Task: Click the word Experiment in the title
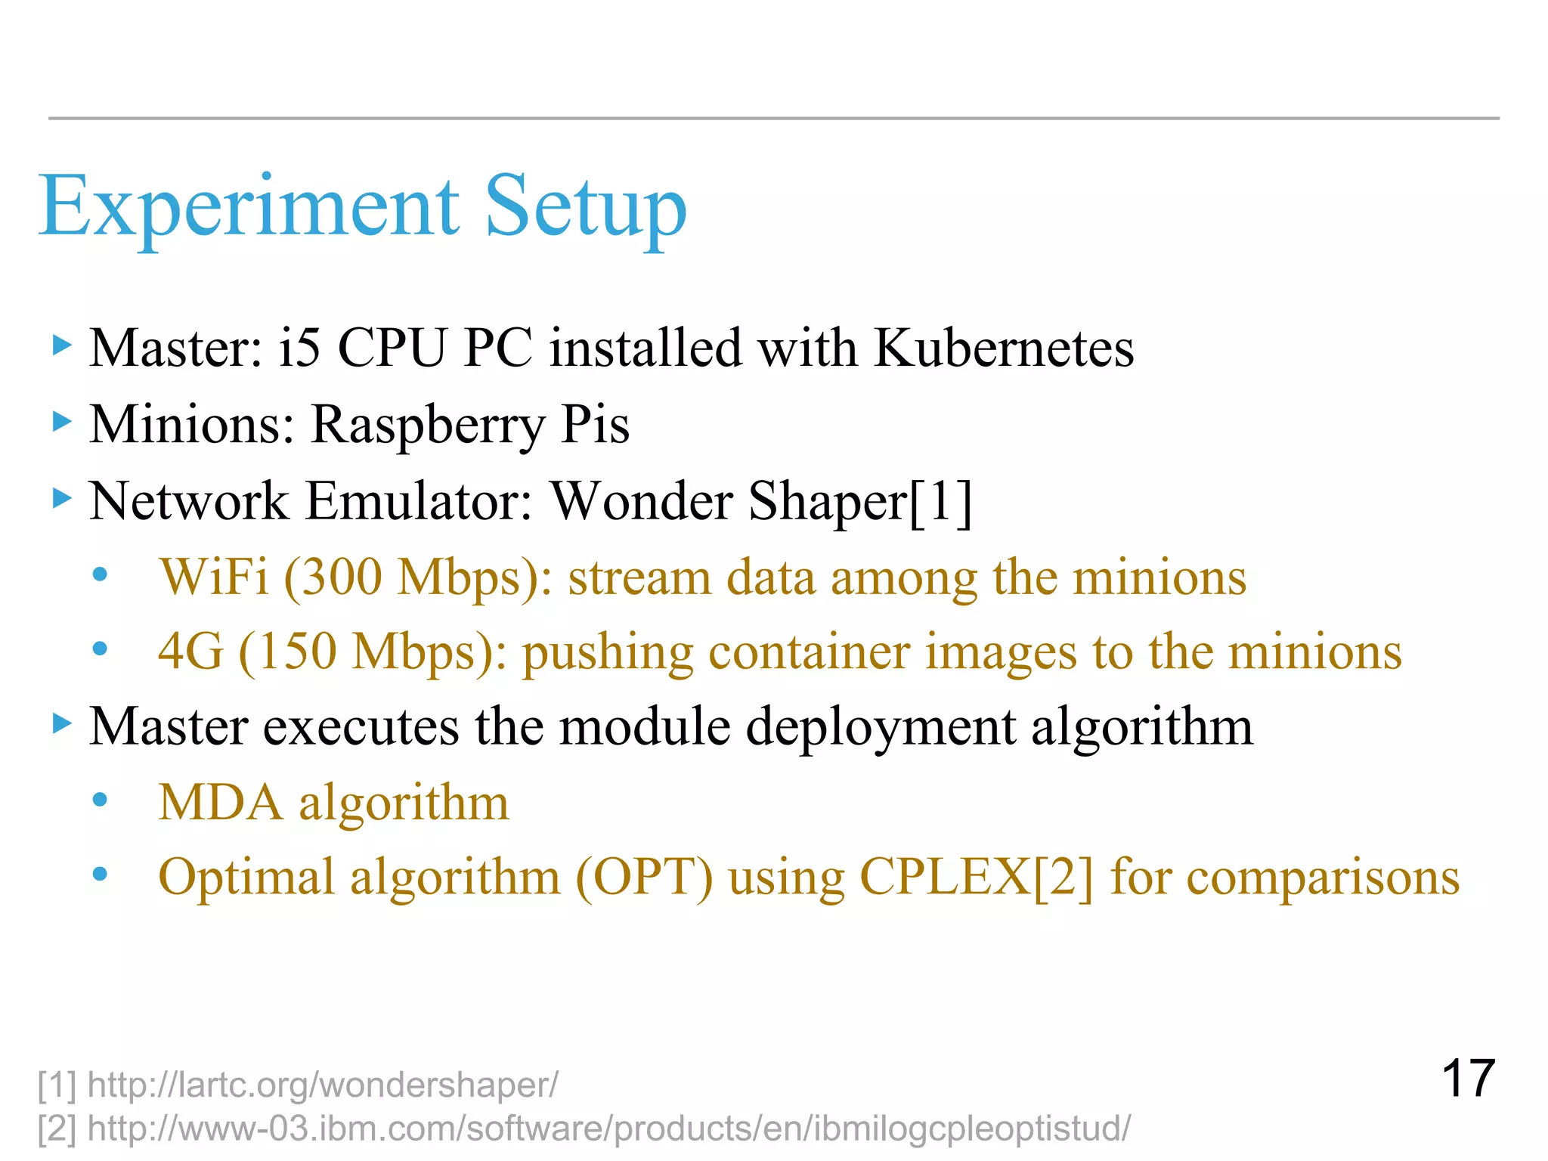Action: click(249, 206)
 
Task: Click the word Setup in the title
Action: click(585, 206)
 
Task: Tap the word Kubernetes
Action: click(1004, 348)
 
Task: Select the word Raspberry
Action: click(427, 426)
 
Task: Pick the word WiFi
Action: click(214, 577)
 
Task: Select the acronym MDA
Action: click(221, 802)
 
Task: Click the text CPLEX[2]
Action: click(976, 878)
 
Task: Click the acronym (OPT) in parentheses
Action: click(644, 878)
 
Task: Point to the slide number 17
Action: click(1467, 1079)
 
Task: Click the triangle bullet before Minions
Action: click(62, 421)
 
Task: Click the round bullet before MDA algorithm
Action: click(100, 800)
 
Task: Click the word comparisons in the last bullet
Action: click(1323, 878)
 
